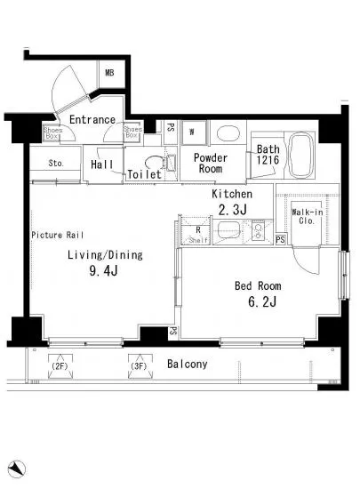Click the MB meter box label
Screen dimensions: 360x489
coord(109,73)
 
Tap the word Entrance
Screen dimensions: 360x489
coord(92,119)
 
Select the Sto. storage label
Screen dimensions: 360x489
coord(56,163)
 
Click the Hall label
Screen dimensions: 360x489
coord(102,164)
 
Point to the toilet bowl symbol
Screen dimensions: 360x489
coord(155,163)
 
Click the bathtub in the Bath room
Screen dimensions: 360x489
coord(300,156)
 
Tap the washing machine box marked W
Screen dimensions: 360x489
coord(194,132)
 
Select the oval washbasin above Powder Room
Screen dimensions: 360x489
coord(228,133)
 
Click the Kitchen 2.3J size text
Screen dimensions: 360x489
coord(233,210)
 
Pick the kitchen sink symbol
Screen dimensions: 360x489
coord(228,230)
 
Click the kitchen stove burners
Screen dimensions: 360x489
coord(258,231)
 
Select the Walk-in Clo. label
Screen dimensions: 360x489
coord(307,216)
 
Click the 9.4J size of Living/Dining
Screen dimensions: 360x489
coord(103,270)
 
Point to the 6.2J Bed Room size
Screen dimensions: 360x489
coord(262,302)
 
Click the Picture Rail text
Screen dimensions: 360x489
coord(58,235)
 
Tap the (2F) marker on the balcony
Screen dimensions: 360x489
coord(60,366)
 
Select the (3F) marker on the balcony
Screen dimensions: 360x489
coord(139,365)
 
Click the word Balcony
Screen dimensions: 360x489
coord(187,364)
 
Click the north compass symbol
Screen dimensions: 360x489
coord(17,469)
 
